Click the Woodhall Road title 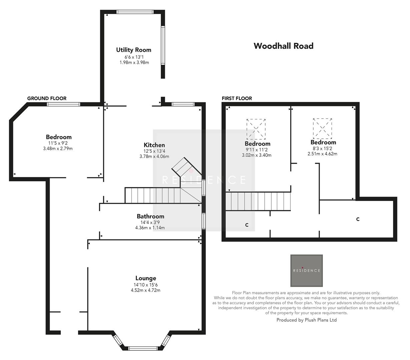coord(283,46)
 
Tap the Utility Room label coord(133,50)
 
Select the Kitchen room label coord(154,145)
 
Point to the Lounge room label coord(145,278)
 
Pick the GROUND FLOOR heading coord(47,98)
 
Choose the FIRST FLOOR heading coord(237,98)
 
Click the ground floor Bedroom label coord(59,137)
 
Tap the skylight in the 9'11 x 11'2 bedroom coord(256,129)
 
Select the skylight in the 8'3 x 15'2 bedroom coord(323,128)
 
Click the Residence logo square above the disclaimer coord(306,271)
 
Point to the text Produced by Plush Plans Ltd coord(307,320)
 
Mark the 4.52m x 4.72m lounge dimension coord(145,290)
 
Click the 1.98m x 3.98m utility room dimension coord(134,62)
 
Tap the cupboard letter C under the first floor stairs coord(247,225)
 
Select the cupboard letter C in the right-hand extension coord(358,219)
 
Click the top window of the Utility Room coord(135,12)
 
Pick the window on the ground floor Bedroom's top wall coord(63,104)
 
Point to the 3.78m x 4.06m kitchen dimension coord(154,156)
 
